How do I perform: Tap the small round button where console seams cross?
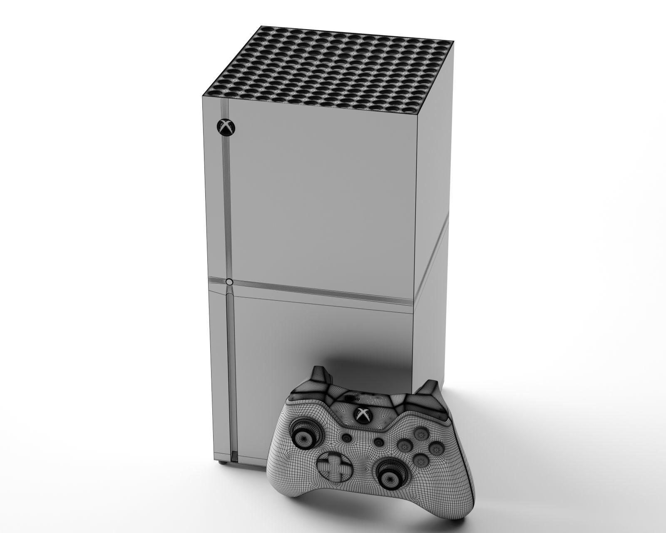pos(229,282)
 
